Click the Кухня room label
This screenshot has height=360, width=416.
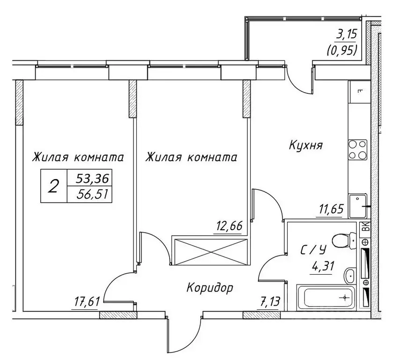click(305, 145)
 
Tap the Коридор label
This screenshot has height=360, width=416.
click(209, 287)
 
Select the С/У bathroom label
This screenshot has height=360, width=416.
click(313, 250)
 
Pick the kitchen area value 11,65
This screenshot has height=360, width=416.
click(331, 209)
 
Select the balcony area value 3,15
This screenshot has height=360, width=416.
click(346, 35)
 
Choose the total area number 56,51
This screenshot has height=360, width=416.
click(93, 195)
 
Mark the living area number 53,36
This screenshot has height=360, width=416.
click(93, 178)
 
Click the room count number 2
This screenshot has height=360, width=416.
click(53, 186)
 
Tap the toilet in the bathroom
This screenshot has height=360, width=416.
click(344, 240)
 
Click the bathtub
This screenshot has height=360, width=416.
click(326, 298)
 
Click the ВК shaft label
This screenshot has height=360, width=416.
click(365, 226)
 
